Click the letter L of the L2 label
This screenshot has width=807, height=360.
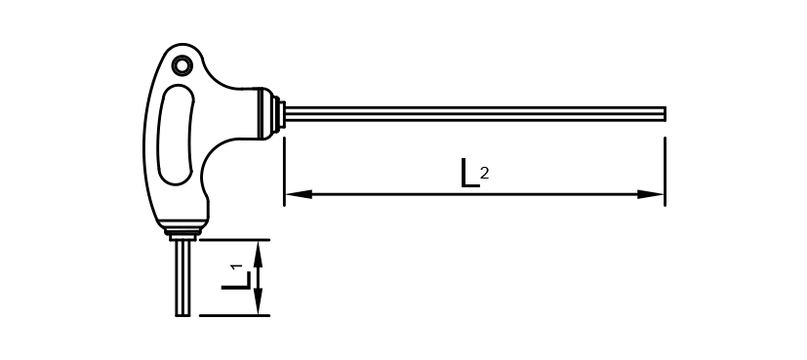[468, 173]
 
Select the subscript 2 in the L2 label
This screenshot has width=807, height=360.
[484, 174]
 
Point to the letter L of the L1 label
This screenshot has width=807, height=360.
[236, 280]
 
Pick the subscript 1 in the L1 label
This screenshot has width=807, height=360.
[237, 266]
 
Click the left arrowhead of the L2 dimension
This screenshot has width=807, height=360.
[299, 194]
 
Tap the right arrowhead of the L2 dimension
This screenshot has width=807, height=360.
[651, 194]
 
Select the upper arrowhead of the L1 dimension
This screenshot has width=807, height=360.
[259, 254]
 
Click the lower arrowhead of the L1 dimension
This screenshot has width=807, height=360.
[259, 301]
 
